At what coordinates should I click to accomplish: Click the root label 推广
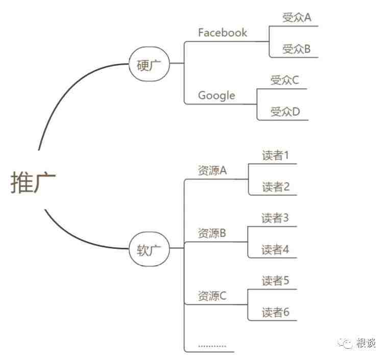(x=33, y=183)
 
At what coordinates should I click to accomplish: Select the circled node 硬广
(x=149, y=64)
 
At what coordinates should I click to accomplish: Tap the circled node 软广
(x=149, y=249)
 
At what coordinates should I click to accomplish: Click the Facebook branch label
(x=223, y=33)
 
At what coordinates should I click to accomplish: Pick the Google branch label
(x=216, y=96)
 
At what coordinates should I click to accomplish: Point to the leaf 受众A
(x=297, y=17)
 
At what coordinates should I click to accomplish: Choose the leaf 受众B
(x=297, y=49)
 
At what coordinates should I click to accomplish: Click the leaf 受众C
(x=284, y=80)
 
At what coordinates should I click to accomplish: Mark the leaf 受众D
(x=285, y=112)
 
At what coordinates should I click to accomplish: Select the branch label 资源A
(x=212, y=170)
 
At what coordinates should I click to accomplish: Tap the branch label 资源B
(x=212, y=233)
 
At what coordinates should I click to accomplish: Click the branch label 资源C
(x=212, y=296)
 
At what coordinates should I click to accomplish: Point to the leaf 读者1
(x=275, y=156)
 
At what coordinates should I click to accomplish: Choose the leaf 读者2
(x=276, y=187)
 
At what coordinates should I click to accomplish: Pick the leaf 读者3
(x=275, y=218)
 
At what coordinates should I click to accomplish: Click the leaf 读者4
(x=275, y=249)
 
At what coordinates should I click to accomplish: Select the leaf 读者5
(x=276, y=281)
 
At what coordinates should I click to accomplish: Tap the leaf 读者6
(x=276, y=312)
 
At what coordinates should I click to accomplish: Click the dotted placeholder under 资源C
(x=212, y=346)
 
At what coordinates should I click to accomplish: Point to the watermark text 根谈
(x=366, y=343)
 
